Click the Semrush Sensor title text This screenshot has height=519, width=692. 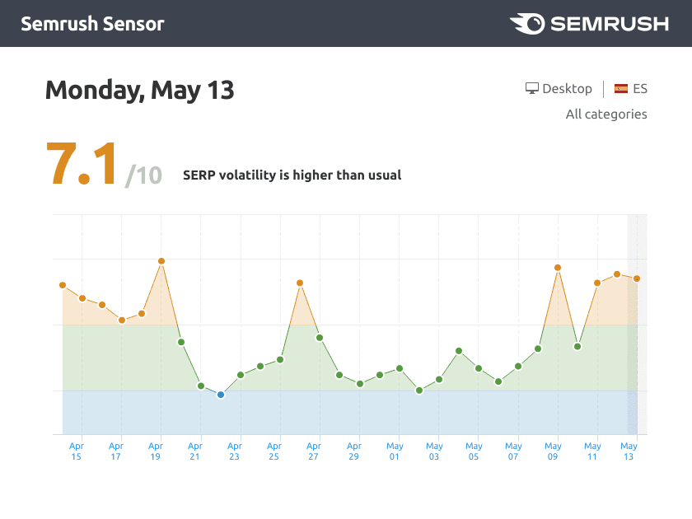pyautogui.click(x=92, y=23)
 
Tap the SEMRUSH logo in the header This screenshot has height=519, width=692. pyautogui.click(x=589, y=23)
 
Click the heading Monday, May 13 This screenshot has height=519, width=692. pyautogui.click(x=140, y=89)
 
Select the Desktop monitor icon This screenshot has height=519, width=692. pyautogui.click(x=532, y=89)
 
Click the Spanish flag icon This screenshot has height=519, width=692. pyautogui.click(x=621, y=89)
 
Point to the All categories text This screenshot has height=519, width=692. pyautogui.click(x=606, y=115)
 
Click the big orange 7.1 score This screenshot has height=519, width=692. pyautogui.click(x=82, y=164)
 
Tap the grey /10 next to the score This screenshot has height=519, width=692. pyautogui.click(x=143, y=175)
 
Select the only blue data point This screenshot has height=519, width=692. pyautogui.click(x=221, y=395)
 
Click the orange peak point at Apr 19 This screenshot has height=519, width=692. pyautogui.click(x=161, y=261)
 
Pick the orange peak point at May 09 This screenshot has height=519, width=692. pyautogui.click(x=558, y=268)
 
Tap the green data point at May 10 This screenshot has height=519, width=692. pyautogui.click(x=577, y=346)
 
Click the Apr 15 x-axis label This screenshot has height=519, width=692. pyautogui.click(x=77, y=451)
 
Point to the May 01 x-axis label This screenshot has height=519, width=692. pyautogui.click(x=395, y=451)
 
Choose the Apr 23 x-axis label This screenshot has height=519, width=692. pyautogui.click(x=235, y=451)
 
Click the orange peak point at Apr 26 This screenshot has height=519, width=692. pyautogui.click(x=300, y=283)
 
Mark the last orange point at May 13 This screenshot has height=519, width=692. pyautogui.click(x=637, y=278)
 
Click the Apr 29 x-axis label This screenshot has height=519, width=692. pyautogui.click(x=354, y=451)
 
